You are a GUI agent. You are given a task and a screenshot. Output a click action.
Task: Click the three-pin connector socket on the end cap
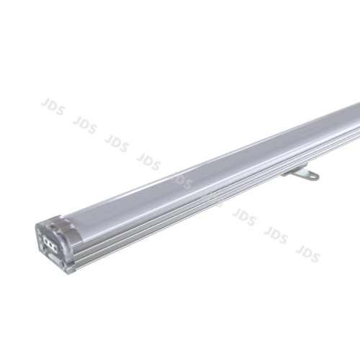click(50, 245)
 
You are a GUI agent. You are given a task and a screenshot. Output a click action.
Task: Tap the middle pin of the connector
click(50, 245)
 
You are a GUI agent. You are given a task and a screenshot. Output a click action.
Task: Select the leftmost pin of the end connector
click(46, 241)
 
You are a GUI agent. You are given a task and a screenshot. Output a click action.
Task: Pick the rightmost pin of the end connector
click(55, 248)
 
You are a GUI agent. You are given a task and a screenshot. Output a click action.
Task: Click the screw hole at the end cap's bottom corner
click(63, 264)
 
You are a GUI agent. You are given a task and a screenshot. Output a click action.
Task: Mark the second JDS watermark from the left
click(84, 123)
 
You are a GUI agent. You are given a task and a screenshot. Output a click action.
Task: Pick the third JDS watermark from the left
click(116, 140)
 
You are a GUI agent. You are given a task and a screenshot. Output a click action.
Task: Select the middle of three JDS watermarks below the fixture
click(276, 235)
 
